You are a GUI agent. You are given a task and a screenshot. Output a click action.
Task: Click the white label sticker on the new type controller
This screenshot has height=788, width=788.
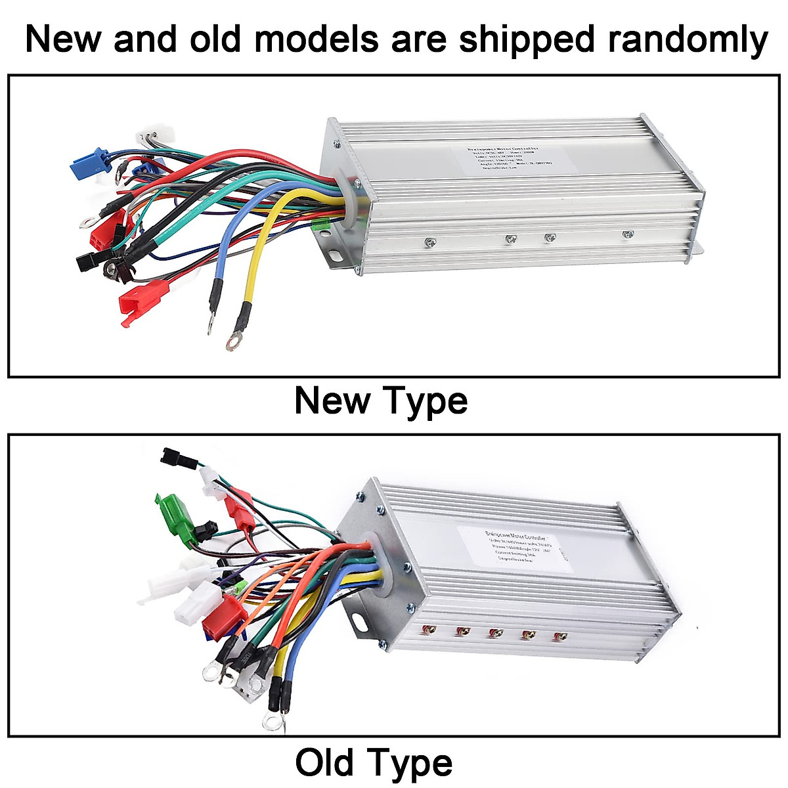(x=510, y=159)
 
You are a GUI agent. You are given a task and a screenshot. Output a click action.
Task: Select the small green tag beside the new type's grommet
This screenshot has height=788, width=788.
(x=321, y=227)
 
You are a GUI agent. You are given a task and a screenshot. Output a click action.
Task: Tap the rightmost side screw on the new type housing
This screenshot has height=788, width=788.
(x=628, y=234)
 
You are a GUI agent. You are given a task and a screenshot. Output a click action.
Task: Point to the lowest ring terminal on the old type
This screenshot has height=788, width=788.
(x=272, y=722)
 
